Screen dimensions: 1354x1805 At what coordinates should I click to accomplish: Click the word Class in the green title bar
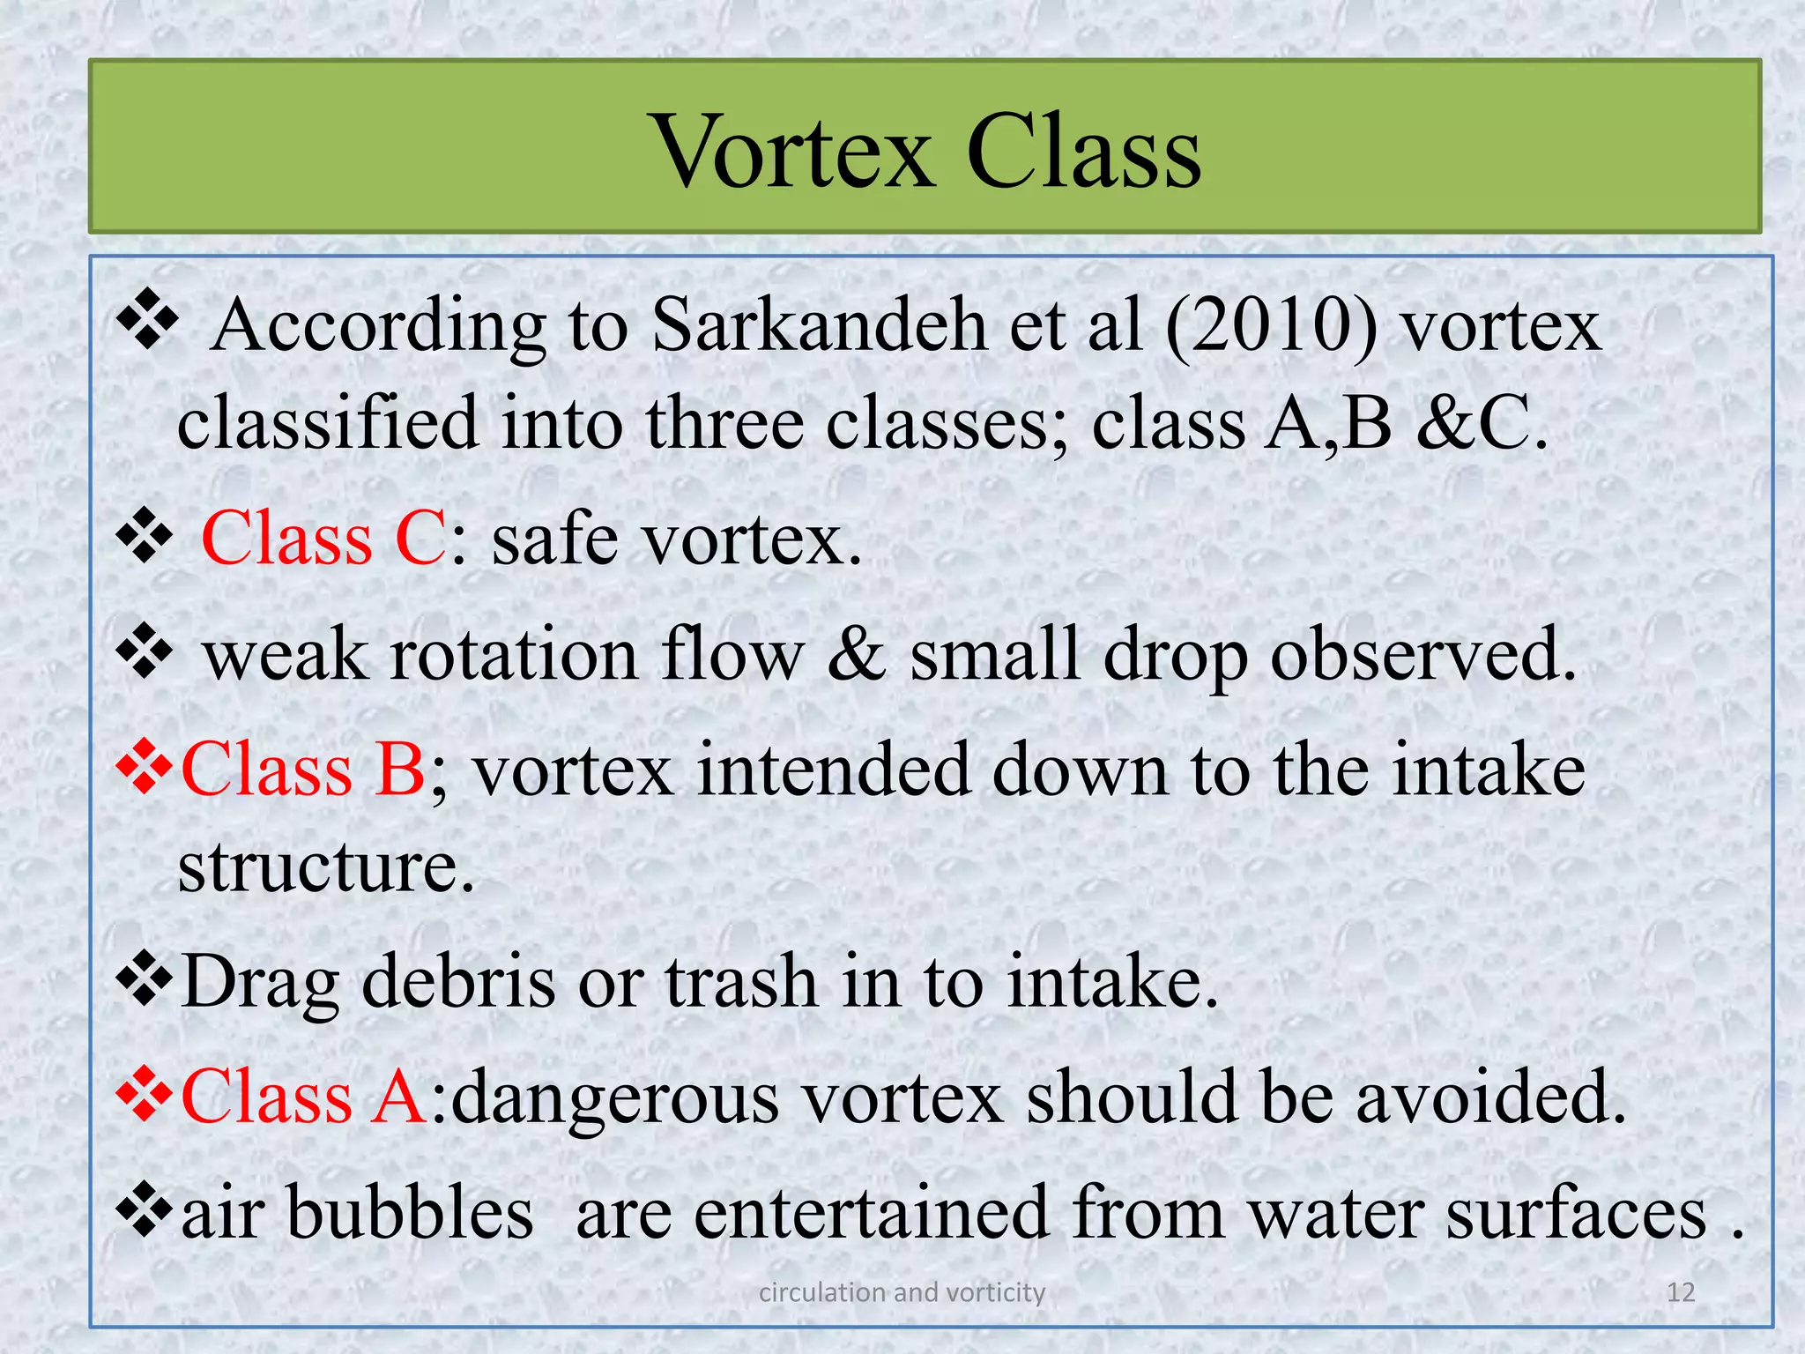(x=1083, y=152)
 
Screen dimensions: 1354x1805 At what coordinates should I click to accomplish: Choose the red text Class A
(x=305, y=1097)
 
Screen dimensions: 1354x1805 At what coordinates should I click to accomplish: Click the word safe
(x=554, y=539)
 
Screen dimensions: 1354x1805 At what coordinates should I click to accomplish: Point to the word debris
(x=458, y=982)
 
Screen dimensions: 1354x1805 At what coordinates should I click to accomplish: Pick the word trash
(x=741, y=982)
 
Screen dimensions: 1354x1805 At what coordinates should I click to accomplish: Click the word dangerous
(x=616, y=1099)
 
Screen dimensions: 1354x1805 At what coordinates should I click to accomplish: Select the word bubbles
(x=410, y=1213)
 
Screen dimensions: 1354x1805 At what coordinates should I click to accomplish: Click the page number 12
(x=1681, y=1292)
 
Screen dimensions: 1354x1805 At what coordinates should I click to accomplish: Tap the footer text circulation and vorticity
(x=902, y=1292)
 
